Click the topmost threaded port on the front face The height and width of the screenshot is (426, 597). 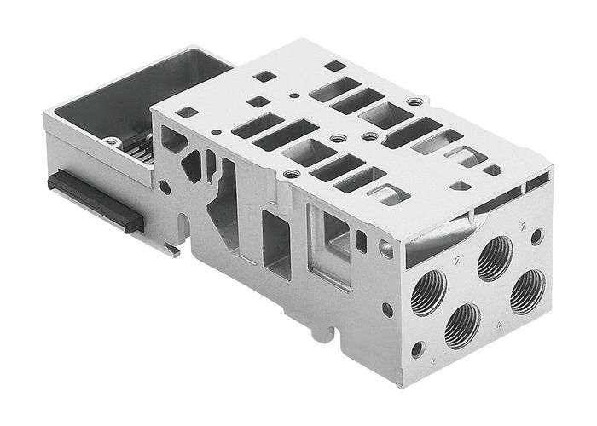tap(495, 257)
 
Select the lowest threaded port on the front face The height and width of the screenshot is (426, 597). tap(462, 325)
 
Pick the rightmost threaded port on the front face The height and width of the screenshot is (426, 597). tap(528, 291)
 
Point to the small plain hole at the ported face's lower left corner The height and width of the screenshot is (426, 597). tap(417, 348)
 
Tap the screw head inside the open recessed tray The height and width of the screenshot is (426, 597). tap(111, 141)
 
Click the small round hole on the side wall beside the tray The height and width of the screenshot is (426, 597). tap(165, 184)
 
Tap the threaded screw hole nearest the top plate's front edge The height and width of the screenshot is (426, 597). tap(293, 174)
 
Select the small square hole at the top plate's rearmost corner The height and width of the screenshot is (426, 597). tap(334, 66)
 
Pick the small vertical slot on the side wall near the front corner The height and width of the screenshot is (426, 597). tap(362, 242)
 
